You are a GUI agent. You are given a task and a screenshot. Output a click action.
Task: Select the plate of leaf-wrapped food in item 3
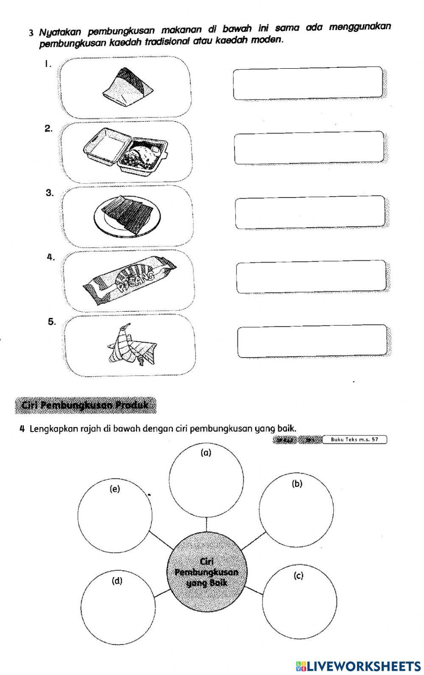(x=128, y=216)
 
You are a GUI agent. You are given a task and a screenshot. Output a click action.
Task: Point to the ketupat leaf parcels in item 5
(x=127, y=345)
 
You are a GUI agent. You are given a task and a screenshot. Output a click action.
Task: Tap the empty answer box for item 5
(x=312, y=342)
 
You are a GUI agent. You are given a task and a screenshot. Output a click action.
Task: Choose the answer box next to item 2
(x=309, y=148)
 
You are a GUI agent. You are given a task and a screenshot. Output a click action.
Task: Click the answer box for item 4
(x=311, y=277)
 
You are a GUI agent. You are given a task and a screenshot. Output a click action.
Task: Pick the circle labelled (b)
(x=296, y=511)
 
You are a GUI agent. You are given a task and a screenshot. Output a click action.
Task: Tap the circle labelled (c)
(x=301, y=601)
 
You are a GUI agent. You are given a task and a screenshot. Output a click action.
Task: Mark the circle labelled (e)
(x=115, y=515)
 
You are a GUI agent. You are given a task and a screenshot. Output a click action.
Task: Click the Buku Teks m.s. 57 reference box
(x=354, y=440)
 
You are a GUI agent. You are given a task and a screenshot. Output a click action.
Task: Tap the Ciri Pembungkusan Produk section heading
(x=85, y=405)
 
